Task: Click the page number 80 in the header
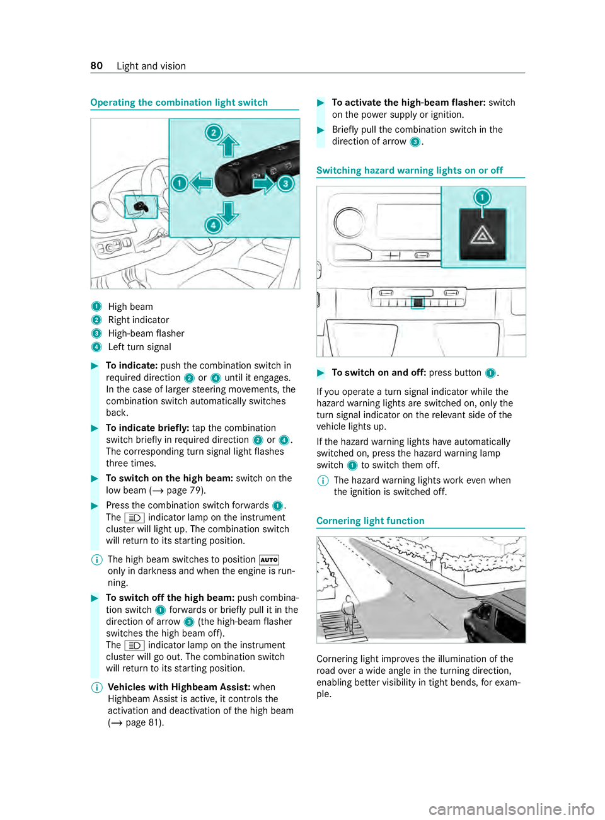click(x=96, y=66)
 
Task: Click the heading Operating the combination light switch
click(x=179, y=103)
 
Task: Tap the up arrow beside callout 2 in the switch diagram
click(x=229, y=146)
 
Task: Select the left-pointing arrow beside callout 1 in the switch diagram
click(x=201, y=183)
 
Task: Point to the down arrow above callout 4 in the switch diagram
click(x=228, y=212)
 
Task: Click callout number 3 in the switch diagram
click(x=286, y=183)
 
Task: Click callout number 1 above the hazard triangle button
click(x=482, y=197)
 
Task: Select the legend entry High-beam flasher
click(x=146, y=334)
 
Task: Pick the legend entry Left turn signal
click(x=139, y=347)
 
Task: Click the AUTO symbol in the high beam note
click(x=269, y=560)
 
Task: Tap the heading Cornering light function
click(x=371, y=521)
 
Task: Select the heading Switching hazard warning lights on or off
click(x=410, y=171)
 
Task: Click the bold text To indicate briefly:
click(x=147, y=428)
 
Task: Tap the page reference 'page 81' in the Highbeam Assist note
click(x=143, y=722)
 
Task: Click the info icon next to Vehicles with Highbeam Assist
click(x=96, y=688)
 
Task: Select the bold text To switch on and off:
click(x=379, y=373)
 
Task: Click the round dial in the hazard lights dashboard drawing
click(x=350, y=222)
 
